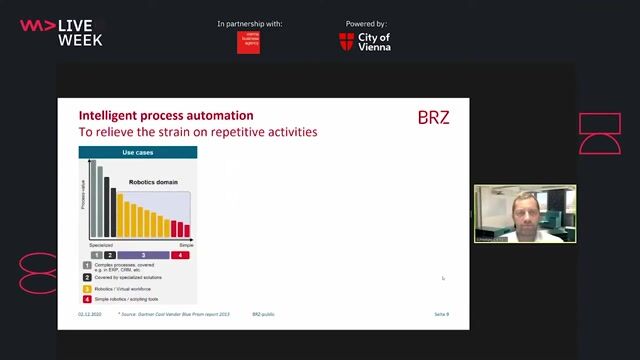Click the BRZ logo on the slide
point(433,118)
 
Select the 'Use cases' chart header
point(138,153)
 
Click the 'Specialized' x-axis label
point(100,245)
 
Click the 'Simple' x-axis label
point(185,245)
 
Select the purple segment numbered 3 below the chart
point(143,255)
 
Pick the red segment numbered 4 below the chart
point(180,255)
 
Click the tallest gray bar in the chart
point(93,200)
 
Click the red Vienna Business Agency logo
point(248,42)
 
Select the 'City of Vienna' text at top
point(374,41)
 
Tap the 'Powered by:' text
point(366,24)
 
